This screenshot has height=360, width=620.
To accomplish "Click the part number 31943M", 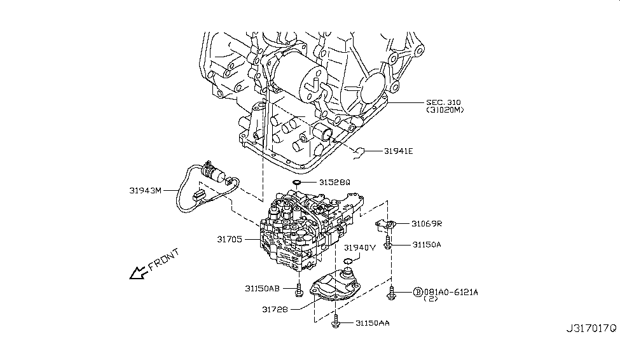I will coord(144,189).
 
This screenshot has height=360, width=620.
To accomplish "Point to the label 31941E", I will coord(399,151).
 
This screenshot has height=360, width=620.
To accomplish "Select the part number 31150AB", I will coord(261,287).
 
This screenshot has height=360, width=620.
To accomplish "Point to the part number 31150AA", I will coord(373,323).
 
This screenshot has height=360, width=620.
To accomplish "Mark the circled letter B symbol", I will coord(417,291).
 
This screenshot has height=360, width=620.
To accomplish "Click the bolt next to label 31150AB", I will coord(298,291).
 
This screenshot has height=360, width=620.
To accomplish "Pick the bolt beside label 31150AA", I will coord(336,324).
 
